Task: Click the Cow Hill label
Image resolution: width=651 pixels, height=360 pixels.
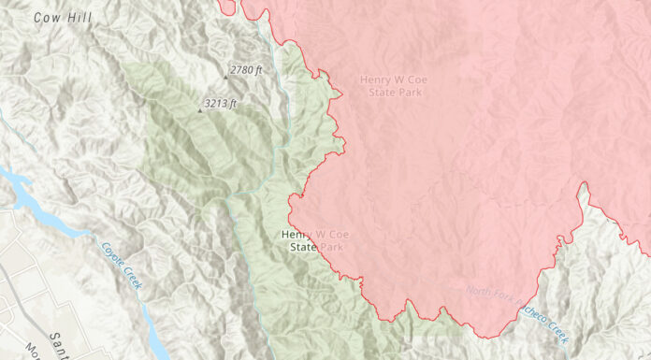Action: pos(61,18)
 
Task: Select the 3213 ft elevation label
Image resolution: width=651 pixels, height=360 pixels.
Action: pos(221,103)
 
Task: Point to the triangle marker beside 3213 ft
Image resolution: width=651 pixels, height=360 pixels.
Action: pos(198,109)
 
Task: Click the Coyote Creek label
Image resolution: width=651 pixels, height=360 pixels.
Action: pos(121,266)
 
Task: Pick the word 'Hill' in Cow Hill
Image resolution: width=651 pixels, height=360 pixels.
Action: pos(76,18)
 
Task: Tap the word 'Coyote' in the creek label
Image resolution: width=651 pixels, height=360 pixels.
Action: pos(112,255)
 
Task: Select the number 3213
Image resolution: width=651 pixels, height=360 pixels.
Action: pos(216,103)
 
